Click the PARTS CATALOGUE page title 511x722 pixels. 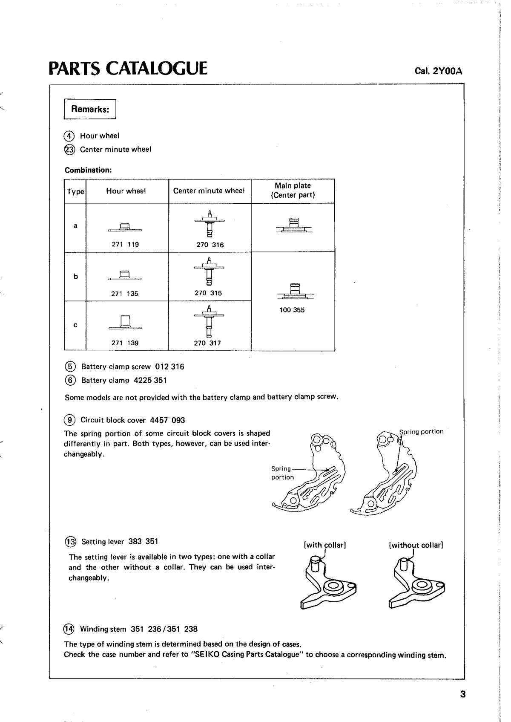click(x=128, y=68)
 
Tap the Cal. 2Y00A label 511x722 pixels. click(x=438, y=71)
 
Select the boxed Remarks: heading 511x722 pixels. click(x=90, y=109)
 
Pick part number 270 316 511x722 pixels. click(x=210, y=245)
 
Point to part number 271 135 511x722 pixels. click(x=125, y=294)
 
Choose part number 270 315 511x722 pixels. click(x=208, y=293)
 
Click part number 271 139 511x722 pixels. click(x=125, y=343)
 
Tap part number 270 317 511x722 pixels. click(x=207, y=343)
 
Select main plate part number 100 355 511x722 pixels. click(x=292, y=310)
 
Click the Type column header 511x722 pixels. click(x=75, y=192)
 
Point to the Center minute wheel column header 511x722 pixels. click(x=209, y=191)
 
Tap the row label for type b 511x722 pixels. click(x=75, y=276)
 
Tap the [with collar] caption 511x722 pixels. click(x=324, y=545)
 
